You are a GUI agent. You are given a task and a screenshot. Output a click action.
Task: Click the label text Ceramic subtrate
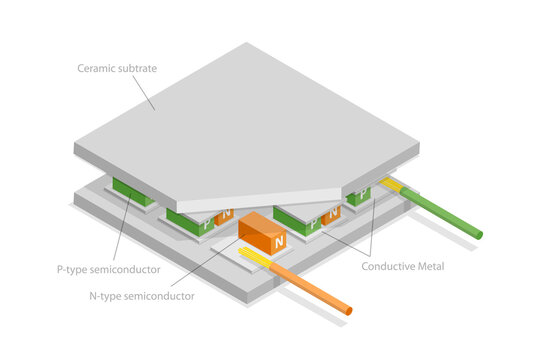[117, 69]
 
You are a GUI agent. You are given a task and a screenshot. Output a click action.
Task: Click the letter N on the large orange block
[278, 241]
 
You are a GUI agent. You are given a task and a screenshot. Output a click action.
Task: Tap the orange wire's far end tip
[347, 309]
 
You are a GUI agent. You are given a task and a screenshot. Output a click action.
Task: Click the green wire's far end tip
[478, 234]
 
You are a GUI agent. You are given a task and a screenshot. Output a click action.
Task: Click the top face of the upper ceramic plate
[250, 120]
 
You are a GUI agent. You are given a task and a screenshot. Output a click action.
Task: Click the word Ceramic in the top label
[97, 69]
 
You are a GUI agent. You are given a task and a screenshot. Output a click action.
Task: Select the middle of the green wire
[440, 213]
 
